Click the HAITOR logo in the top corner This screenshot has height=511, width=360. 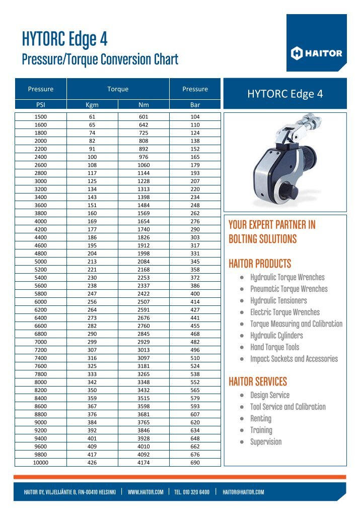317,53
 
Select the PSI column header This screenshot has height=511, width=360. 41,105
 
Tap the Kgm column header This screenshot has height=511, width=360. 92,105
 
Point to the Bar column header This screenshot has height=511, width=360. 195,105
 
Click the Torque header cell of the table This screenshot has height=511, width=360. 118,89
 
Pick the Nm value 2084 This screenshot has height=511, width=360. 143,262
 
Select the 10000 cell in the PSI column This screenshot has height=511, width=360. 41,462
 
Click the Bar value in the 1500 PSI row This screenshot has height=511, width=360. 195,117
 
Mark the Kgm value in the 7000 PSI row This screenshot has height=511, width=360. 92,342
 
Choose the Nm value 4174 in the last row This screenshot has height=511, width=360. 143,462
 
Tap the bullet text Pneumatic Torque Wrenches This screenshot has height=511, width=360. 289,289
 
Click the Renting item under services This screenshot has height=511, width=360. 261,418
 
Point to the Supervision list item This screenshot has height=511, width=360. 266,442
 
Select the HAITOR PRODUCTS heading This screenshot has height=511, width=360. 260,264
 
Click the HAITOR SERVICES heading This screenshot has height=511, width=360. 258,381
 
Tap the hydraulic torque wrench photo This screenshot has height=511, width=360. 284,161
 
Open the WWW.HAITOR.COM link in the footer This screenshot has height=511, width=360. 146,492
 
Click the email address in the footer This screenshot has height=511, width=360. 243,492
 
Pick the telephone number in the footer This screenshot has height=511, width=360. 192,492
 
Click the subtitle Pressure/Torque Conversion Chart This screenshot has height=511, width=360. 100,59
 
